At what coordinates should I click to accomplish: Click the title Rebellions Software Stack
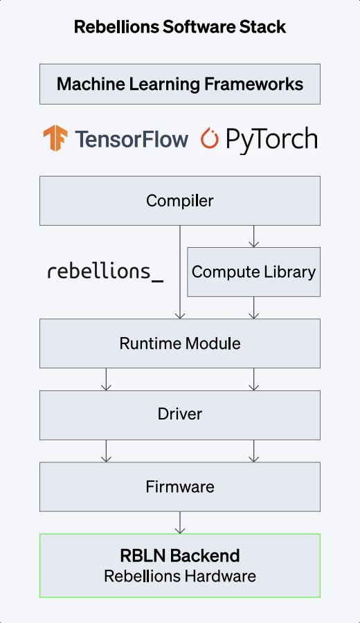(180, 27)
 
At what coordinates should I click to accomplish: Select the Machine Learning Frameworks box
(180, 84)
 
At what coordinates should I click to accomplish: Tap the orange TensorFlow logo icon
(55, 138)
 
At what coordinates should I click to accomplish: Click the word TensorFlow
(132, 139)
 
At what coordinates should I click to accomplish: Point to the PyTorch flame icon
(209, 138)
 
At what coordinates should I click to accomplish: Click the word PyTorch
(272, 141)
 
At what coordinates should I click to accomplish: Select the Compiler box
(180, 201)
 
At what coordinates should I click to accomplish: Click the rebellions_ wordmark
(105, 272)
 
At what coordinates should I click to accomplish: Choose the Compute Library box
(253, 272)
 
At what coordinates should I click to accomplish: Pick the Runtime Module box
(180, 343)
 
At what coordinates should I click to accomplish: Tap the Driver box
(180, 415)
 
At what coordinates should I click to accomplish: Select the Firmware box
(180, 487)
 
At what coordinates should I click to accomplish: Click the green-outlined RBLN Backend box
(180, 566)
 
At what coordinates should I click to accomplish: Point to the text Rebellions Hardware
(180, 576)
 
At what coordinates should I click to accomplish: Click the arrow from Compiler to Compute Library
(253, 237)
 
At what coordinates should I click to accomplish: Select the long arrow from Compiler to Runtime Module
(180, 272)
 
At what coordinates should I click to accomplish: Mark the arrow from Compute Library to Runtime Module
(253, 307)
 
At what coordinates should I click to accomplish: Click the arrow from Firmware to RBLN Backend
(180, 523)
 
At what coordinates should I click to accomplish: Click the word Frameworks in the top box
(254, 84)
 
